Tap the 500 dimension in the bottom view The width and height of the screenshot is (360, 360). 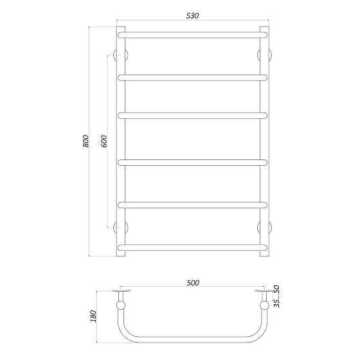coord(192,282)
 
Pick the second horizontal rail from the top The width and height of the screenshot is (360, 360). coord(192,77)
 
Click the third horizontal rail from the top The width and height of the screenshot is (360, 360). coord(192,116)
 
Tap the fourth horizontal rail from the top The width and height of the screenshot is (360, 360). coord(192,161)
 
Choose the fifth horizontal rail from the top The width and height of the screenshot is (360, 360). coord(192,205)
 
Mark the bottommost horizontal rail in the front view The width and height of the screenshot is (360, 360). coord(192,247)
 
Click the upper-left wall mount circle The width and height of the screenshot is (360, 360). coord(120,55)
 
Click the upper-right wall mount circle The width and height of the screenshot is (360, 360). coord(264,55)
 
